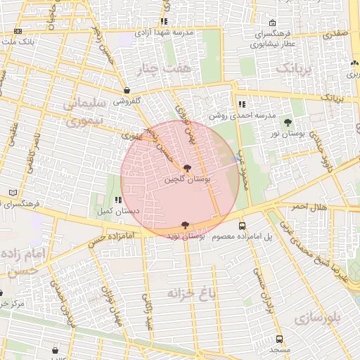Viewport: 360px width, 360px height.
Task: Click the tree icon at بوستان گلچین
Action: click(x=186, y=168)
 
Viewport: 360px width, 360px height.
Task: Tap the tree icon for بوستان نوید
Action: click(x=185, y=225)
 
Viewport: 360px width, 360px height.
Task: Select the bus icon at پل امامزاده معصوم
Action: click(x=243, y=226)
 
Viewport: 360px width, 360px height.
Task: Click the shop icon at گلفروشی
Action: click(x=127, y=91)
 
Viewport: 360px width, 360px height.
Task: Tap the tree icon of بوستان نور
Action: click(x=288, y=122)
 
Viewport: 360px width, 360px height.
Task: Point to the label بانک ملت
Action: click(x=18, y=42)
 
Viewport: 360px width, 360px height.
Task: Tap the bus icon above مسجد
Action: click(x=279, y=339)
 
